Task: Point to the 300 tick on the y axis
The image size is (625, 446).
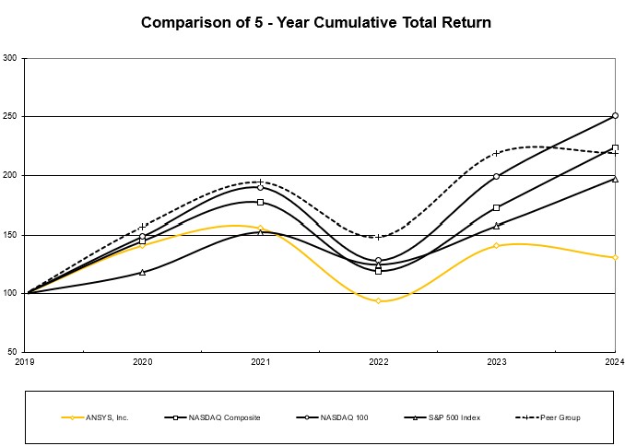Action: pos(11,58)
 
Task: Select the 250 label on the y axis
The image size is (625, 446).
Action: pos(11,117)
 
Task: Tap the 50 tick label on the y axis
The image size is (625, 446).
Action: pos(13,352)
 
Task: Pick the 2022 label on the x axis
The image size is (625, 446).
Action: pos(378,362)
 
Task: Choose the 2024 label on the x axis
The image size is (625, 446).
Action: pos(613,362)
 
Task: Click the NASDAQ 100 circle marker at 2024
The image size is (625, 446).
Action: pos(615,116)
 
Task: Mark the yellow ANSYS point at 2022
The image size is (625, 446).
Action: pos(378,300)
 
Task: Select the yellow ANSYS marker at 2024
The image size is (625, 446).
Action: pos(615,257)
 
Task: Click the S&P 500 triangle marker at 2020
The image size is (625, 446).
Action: pos(143,272)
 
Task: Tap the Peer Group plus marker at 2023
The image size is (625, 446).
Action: pos(497,153)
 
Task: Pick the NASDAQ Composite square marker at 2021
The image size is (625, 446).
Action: pos(261,202)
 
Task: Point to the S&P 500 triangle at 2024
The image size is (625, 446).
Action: pos(615,179)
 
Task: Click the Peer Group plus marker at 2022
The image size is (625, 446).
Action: pos(378,237)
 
